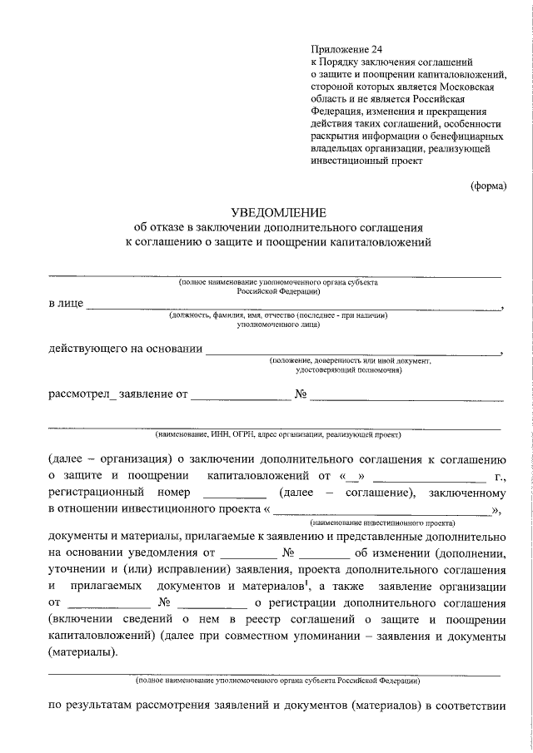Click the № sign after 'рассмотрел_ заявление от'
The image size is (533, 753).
302,394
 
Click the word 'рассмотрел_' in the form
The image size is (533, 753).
83,394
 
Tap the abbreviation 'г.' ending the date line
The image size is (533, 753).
501,476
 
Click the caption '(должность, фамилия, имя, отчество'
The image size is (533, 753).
278,316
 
